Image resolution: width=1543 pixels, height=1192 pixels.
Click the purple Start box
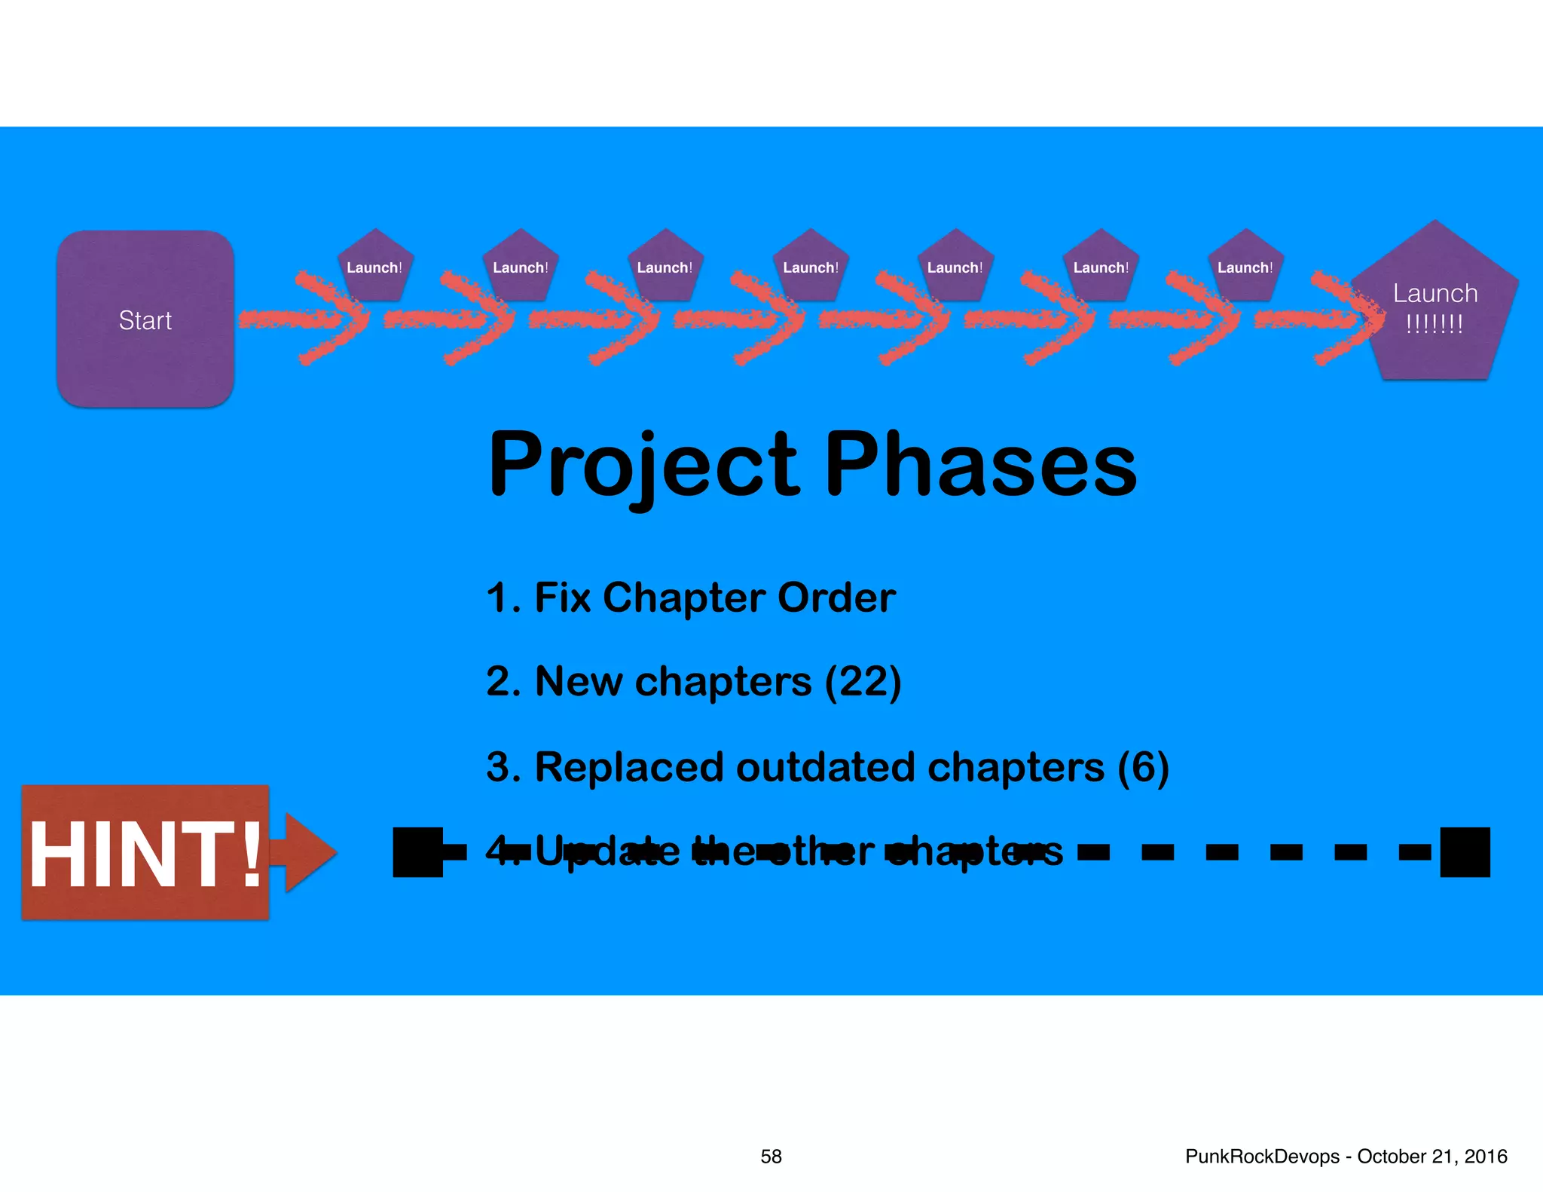coord(145,319)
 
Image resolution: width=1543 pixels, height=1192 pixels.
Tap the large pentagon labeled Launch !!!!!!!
coord(1435,309)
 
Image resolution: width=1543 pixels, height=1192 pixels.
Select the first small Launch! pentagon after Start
coord(374,267)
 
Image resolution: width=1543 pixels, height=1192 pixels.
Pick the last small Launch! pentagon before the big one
coord(1245,267)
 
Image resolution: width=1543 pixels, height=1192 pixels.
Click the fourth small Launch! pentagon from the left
coord(811,267)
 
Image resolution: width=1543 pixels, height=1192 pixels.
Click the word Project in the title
coord(644,465)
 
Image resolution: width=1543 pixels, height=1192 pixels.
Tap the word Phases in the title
coord(980,465)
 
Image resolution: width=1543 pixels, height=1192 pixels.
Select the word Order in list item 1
coord(836,598)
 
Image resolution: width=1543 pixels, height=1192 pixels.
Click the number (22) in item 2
coord(863,682)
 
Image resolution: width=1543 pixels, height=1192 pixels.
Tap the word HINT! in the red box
coord(145,854)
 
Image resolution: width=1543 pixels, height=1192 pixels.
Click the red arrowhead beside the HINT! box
coord(309,851)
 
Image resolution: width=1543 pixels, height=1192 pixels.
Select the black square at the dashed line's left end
coord(418,852)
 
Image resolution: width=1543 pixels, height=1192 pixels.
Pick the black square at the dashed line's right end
coord(1465,852)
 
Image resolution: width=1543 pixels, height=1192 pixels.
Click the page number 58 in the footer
coord(771,1157)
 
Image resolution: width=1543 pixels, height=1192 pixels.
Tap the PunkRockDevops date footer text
coord(1346,1157)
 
